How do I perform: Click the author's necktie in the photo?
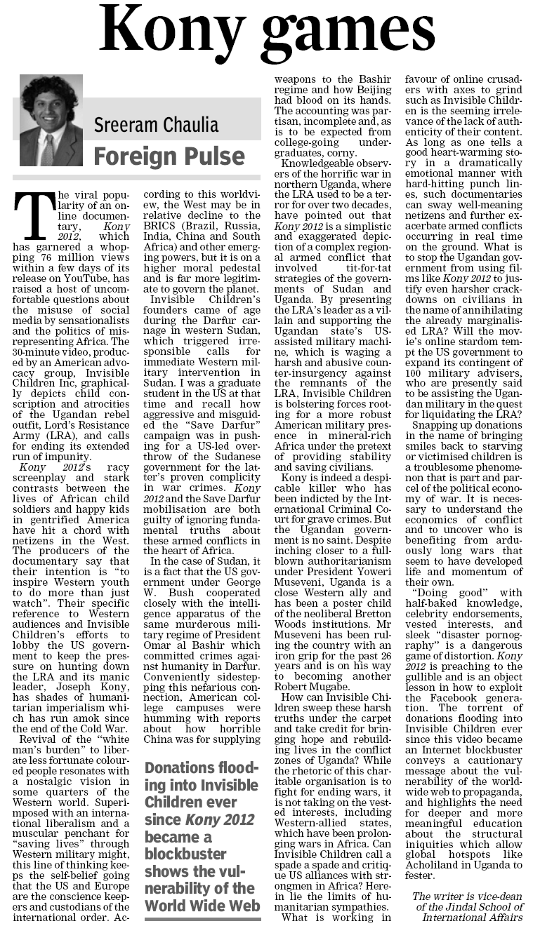point(48,149)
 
